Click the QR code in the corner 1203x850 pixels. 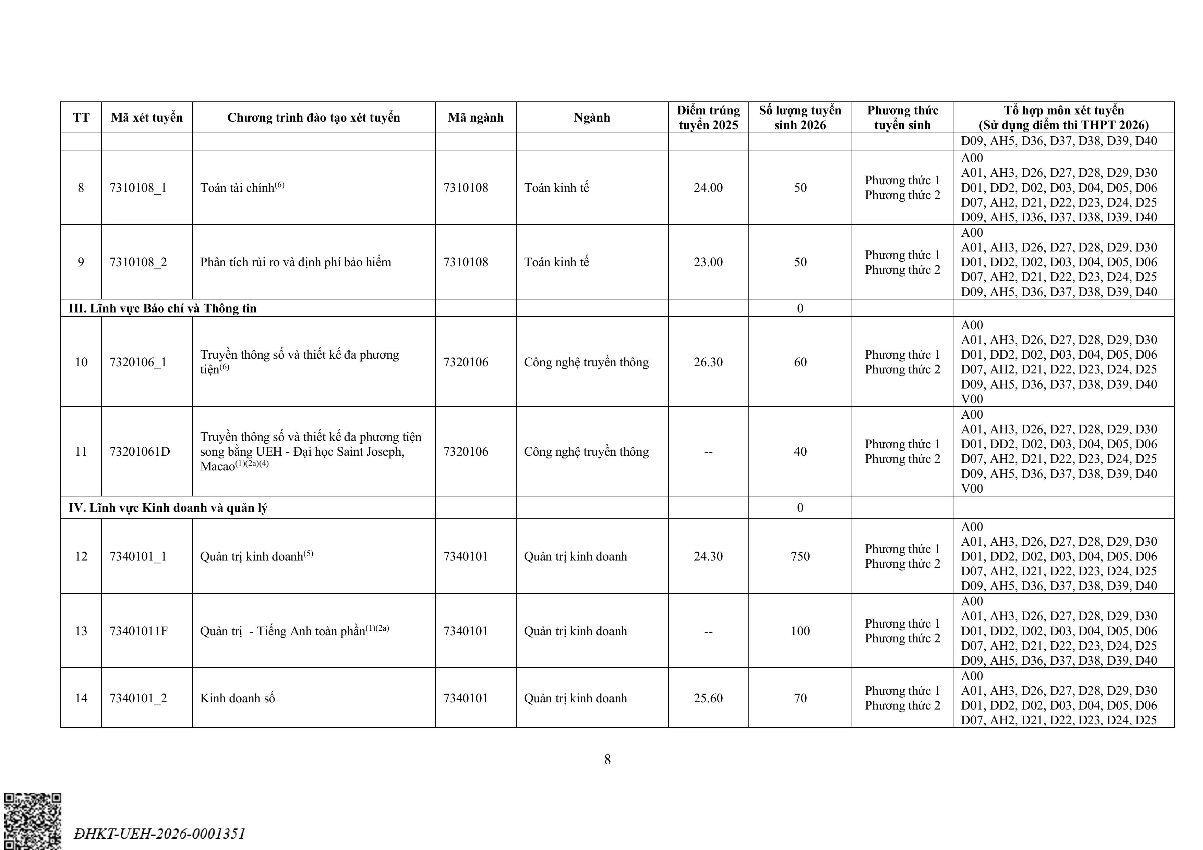[33, 821]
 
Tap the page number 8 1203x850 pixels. [607, 759]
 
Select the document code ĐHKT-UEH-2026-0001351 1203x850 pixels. [160, 833]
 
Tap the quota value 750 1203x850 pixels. [800, 556]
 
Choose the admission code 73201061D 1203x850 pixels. [140, 452]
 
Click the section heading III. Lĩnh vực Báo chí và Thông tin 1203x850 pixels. [163, 308]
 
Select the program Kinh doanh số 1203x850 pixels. [237, 698]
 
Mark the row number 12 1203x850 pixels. [81, 556]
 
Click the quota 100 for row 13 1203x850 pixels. [800, 631]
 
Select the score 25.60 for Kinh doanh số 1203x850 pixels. [708, 698]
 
